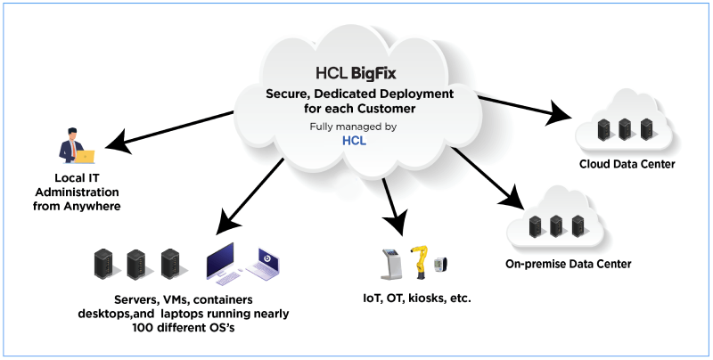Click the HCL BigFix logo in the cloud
(x=356, y=73)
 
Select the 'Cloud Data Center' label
(x=627, y=165)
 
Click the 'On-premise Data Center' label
(x=555, y=264)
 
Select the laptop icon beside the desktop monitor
(x=267, y=265)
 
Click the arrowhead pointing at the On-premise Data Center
(x=510, y=195)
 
